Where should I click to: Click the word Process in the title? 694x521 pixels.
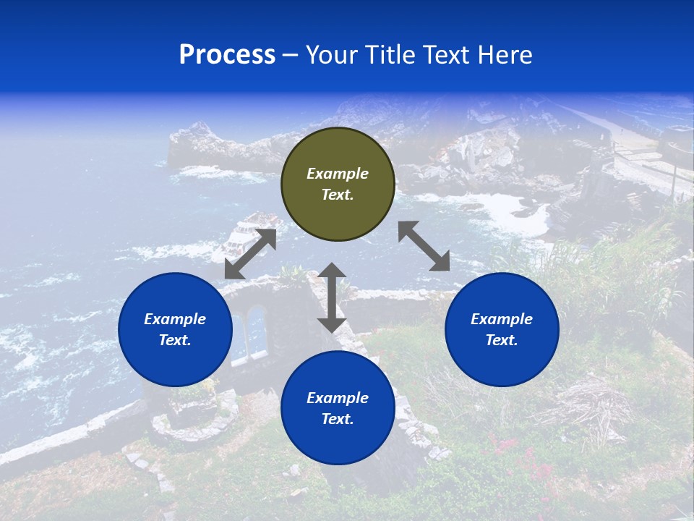point(227,55)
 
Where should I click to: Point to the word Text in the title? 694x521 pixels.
point(448,55)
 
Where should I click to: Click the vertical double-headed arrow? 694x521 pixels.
point(332,297)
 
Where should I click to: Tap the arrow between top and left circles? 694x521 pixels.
point(251,254)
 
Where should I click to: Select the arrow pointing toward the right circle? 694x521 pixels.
point(424,246)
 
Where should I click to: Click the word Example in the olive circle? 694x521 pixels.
point(338,174)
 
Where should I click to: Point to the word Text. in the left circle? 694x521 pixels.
point(175,340)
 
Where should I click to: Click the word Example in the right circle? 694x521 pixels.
point(502,319)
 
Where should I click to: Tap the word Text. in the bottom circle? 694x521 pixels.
point(338,419)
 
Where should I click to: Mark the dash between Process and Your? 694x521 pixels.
point(291,55)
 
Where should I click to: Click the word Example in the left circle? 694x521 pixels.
point(175,319)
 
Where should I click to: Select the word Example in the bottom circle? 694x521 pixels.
point(338,398)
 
